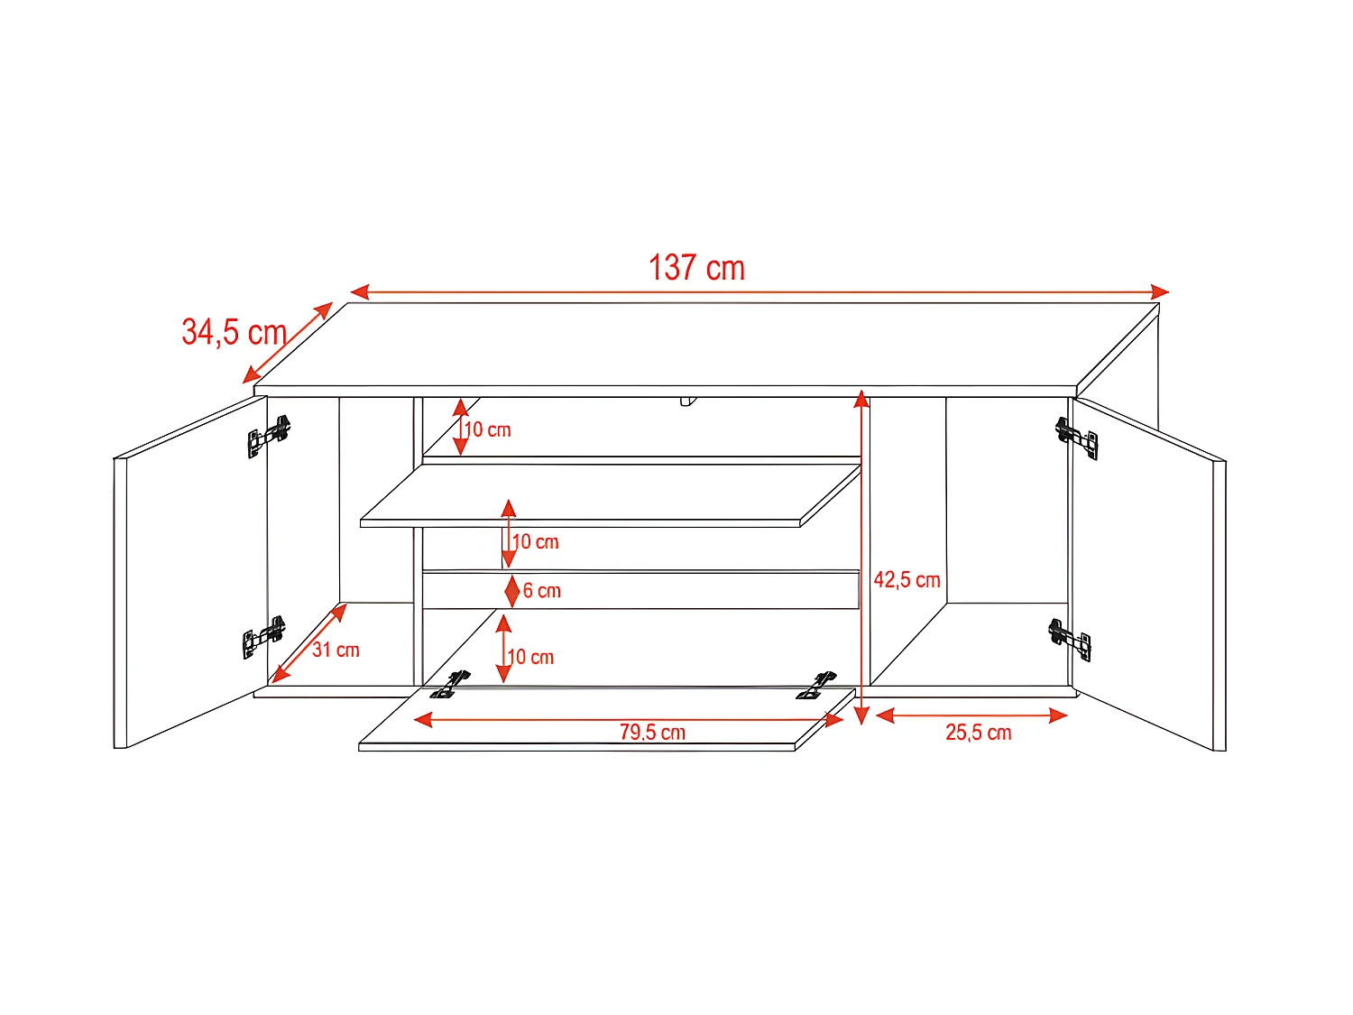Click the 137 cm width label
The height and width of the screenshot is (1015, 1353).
[696, 268]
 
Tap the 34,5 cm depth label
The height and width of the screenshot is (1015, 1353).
[234, 332]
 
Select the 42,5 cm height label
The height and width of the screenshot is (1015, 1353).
[907, 580]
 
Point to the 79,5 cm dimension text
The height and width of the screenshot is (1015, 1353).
[652, 733]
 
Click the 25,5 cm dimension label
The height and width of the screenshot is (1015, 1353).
[978, 733]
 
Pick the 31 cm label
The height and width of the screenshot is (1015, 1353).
[336, 650]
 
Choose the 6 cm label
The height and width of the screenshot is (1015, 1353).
[542, 591]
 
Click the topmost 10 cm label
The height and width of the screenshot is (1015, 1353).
[488, 430]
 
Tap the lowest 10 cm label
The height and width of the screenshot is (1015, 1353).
[531, 658]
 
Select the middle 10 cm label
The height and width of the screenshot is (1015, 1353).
[536, 542]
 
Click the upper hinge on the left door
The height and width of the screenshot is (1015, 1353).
[269, 436]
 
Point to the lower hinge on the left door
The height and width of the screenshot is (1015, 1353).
[263, 637]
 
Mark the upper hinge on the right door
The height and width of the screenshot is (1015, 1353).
[1077, 437]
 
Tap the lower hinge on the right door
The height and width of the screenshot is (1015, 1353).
[1070, 638]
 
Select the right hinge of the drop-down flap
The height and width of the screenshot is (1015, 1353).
[816, 686]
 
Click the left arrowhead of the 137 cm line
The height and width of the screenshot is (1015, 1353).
[359, 291]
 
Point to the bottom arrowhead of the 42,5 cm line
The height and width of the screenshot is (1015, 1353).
[861, 715]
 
